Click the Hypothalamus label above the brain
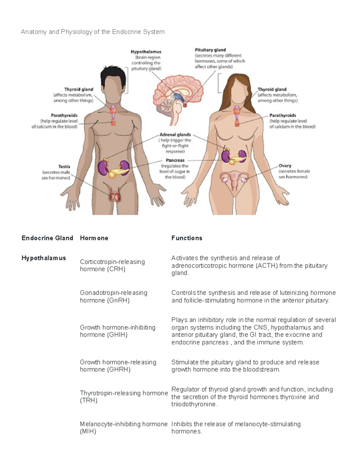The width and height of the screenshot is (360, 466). pos(146,52)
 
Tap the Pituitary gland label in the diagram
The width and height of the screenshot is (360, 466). pos(210,50)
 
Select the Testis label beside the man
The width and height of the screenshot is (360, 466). pos(64,167)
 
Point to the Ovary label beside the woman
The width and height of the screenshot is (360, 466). pos(285,166)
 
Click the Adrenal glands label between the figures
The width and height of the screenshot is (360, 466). pos(175,135)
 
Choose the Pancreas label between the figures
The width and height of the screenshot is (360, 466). pos(175,160)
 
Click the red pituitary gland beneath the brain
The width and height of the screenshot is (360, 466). pos(185,105)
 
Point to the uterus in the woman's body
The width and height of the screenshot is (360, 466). pos(235,181)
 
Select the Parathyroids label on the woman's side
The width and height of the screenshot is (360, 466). pos(283,115)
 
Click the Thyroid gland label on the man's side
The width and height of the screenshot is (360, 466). pos(79,89)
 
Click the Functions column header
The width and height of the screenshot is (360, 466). pos(187,238)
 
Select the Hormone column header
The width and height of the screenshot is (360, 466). pos(94,238)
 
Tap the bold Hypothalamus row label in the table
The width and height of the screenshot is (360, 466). pos(43,258)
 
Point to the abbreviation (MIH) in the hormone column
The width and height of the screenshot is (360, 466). pos(88,431)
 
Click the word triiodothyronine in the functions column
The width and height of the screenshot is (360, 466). pos(194,404)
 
